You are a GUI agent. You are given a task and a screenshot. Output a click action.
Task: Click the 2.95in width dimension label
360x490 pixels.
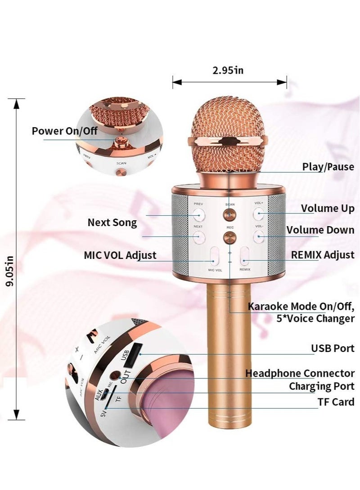click(229, 70)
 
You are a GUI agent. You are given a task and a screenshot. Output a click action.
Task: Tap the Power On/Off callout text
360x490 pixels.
click(64, 131)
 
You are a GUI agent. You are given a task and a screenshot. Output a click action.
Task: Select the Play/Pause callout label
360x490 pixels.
click(328, 167)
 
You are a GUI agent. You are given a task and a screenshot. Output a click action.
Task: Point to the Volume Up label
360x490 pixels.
click(327, 208)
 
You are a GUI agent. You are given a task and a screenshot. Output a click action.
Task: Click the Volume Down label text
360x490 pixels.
click(320, 230)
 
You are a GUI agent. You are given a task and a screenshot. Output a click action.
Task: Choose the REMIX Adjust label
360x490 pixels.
click(322, 255)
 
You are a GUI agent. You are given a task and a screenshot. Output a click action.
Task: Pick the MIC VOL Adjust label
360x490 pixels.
click(120, 255)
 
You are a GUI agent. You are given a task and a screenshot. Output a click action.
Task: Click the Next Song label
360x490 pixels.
click(112, 222)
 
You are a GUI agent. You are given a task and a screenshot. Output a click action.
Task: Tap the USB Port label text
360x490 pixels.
click(333, 348)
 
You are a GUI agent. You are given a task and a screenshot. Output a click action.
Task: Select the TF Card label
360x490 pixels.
click(337, 402)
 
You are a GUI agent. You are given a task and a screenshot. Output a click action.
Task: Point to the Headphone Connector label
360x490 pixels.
click(300, 373)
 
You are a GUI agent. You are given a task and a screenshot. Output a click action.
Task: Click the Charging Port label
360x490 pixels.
click(321, 386)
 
